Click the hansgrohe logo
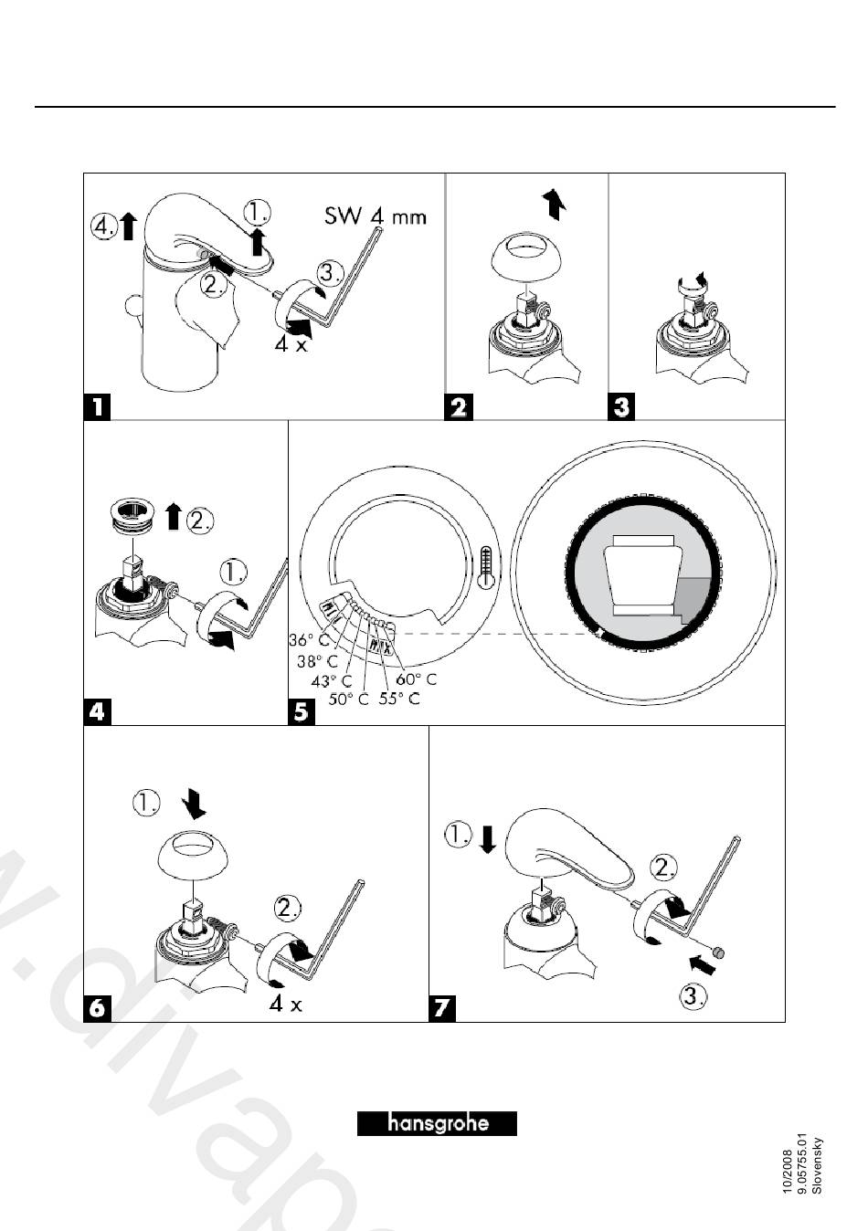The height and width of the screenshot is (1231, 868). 437,1122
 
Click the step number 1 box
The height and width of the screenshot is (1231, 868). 98,405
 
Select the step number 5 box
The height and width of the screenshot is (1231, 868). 302,711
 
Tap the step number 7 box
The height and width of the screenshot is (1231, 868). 443,1008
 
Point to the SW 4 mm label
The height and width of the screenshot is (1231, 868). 376,217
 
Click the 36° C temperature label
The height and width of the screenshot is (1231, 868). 309,640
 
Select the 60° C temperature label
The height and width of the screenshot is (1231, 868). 416,679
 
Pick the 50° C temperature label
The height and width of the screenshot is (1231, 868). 349,700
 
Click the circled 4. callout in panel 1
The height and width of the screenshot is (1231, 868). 104,226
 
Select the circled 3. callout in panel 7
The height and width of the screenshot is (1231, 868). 694,997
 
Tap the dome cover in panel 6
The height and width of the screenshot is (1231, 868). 193,857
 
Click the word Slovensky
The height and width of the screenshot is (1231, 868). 818,1164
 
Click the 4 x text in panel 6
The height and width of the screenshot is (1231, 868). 285,1005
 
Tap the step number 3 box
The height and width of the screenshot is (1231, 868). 622,405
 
